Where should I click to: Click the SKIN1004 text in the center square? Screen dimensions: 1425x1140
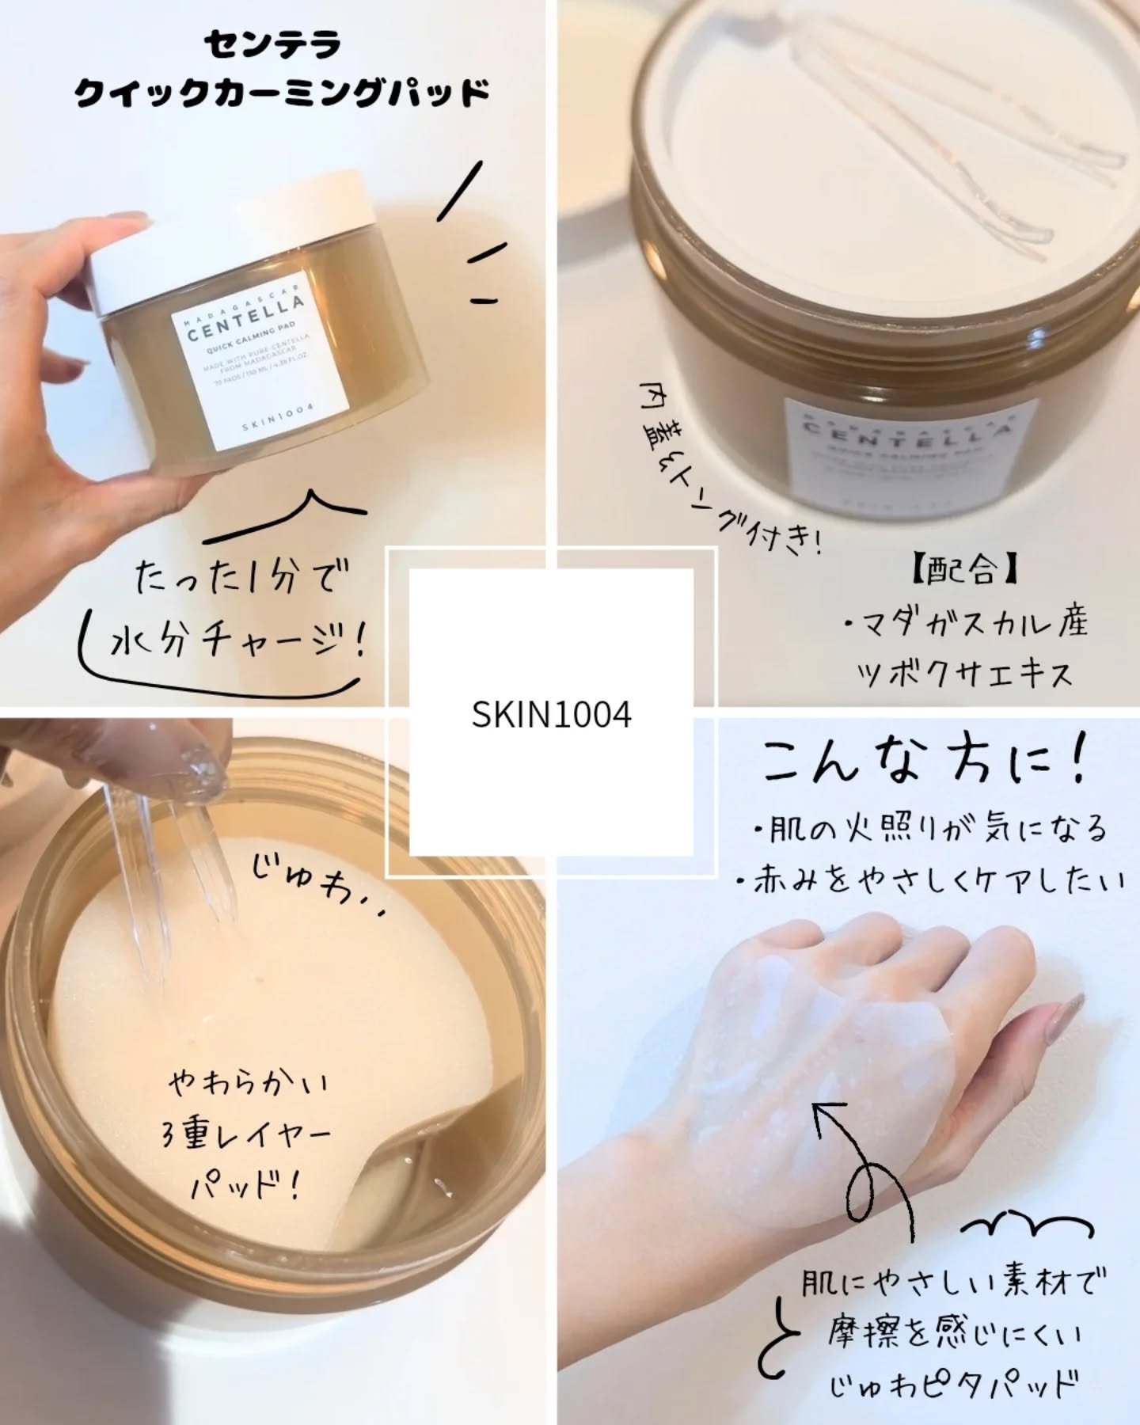[551, 715]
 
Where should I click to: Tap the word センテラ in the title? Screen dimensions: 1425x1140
[272, 45]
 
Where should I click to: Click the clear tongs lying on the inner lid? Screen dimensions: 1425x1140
[974, 158]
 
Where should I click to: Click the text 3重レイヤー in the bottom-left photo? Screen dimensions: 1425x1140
[245, 1134]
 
